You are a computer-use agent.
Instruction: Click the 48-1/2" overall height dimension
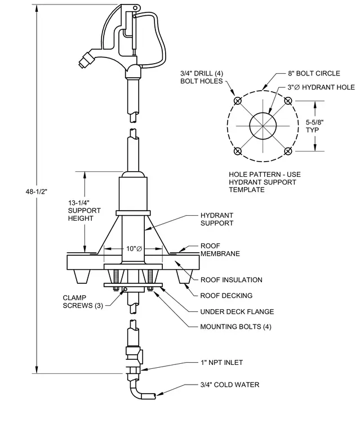[37, 191]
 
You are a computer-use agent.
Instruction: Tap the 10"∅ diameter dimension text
[134, 249]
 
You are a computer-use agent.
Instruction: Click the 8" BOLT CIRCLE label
[314, 73]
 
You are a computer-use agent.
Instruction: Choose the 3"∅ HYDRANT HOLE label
[321, 87]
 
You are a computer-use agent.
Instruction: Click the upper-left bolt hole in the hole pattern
[238, 101]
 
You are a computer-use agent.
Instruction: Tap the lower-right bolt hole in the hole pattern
[288, 151]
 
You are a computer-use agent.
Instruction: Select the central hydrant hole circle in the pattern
[263, 113]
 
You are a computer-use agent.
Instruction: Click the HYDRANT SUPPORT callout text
[217, 219]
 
